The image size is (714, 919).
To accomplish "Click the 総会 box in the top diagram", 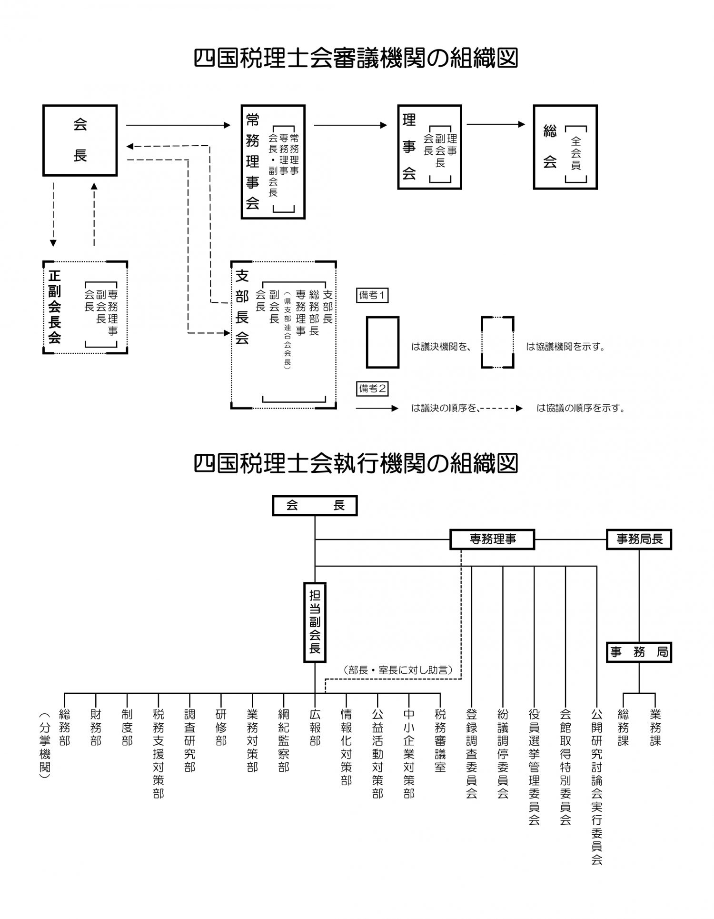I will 565,147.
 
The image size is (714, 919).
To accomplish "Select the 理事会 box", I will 429,147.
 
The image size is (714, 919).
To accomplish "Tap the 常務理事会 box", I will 273,162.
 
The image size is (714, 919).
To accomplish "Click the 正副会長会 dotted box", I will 85,307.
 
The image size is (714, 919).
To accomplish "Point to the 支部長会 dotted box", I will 284,335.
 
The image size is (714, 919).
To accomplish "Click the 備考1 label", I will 372,295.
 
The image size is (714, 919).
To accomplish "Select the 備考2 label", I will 372,389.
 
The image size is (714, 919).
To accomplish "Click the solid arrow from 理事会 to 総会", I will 496,124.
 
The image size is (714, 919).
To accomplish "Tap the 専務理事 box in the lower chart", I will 492,539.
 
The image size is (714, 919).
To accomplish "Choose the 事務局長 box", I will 639,539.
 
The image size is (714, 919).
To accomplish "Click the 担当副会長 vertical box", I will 315,622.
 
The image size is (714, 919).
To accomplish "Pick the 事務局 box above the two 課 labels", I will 639,652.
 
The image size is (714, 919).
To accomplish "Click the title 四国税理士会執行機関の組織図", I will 356,463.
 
